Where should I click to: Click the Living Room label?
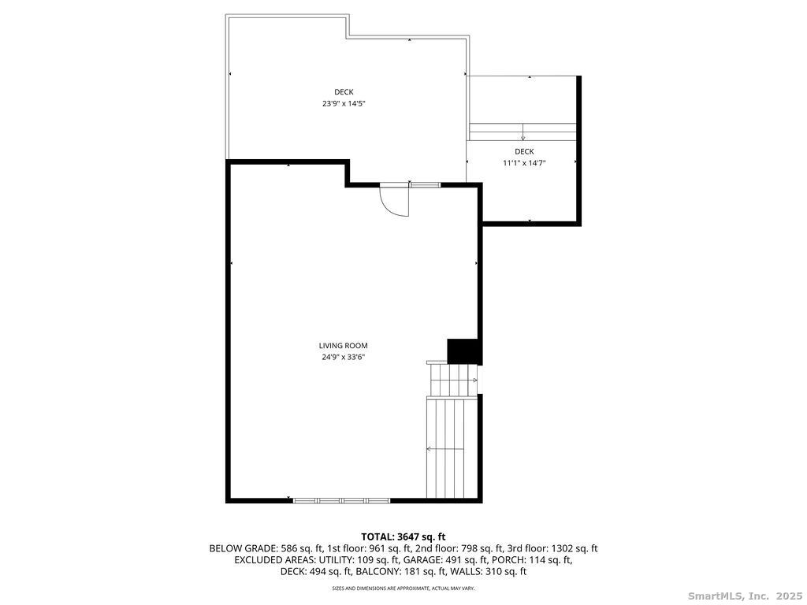pos(344,346)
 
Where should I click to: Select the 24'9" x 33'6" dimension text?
pos(344,357)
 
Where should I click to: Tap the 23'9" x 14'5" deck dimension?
pos(344,103)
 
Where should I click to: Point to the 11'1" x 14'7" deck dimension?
pos(524,163)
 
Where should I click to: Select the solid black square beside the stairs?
pos(464,351)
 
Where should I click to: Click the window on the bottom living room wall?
pos(342,500)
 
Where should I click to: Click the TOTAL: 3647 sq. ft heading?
pos(403,537)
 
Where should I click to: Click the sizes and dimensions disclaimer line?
pos(403,588)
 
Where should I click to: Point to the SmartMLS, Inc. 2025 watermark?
pos(745,596)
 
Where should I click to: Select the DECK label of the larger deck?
pos(344,92)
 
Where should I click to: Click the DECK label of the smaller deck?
pos(524,152)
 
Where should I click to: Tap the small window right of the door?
pos(425,184)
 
